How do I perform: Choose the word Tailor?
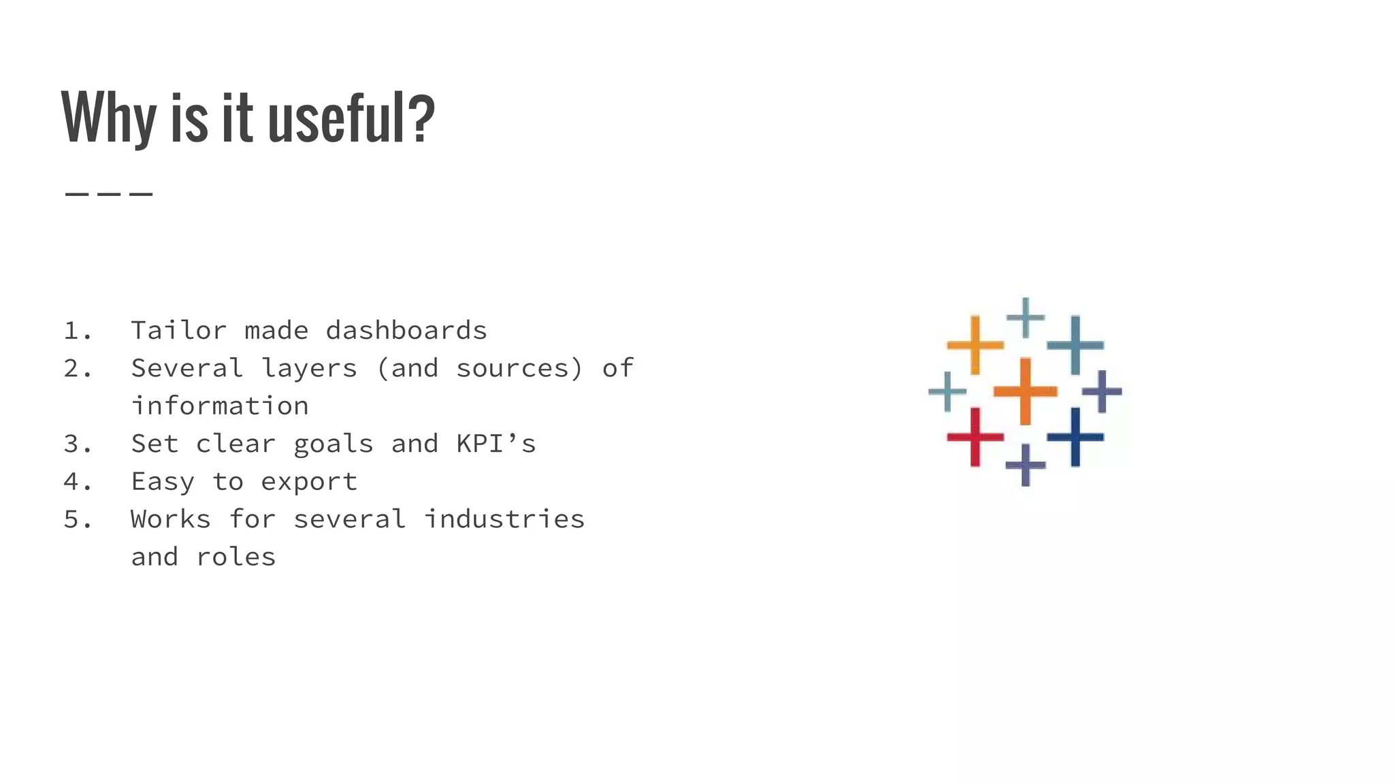pos(179,331)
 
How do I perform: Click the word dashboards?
pos(406,331)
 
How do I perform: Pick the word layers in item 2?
pos(310,369)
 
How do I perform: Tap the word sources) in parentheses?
pos(519,369)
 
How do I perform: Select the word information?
pos(220,406)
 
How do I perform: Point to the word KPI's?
pos(496,444)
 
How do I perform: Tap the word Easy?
pos(163,482)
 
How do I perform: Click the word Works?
pos(171,519)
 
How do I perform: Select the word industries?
pos(504,519)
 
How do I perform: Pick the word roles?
pos(236,557)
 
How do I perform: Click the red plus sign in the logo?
pos(975,437)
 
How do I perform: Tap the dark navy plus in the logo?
pos(1075,437)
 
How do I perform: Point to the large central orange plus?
pos(1025,391)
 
